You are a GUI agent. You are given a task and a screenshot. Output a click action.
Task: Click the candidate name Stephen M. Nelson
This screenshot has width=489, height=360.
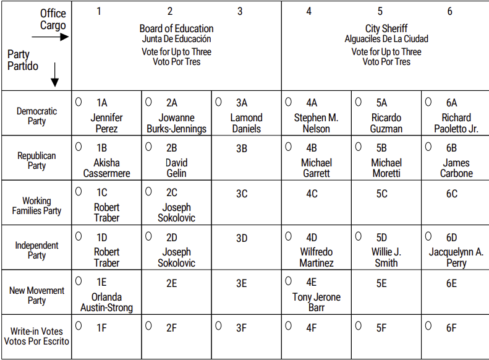316,123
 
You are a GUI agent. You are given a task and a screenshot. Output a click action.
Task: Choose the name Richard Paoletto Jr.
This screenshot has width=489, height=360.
456,123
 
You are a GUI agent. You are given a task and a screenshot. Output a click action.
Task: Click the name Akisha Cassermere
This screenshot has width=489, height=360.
106,168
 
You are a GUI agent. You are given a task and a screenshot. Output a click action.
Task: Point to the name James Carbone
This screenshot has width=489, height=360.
456,168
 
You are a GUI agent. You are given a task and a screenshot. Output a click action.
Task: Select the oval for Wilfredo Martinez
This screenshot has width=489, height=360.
288,236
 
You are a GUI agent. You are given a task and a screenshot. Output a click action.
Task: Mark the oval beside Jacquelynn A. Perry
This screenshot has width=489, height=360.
428,236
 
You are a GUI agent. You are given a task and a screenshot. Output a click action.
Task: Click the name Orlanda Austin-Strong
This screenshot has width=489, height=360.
106,302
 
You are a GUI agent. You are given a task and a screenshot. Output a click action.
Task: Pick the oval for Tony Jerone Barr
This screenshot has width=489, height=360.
288,281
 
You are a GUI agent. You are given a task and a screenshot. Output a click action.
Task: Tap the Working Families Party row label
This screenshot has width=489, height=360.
36,205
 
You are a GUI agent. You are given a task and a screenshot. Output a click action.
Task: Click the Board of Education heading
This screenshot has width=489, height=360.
176,28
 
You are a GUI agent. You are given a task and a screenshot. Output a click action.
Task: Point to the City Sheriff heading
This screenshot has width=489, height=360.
386,28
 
